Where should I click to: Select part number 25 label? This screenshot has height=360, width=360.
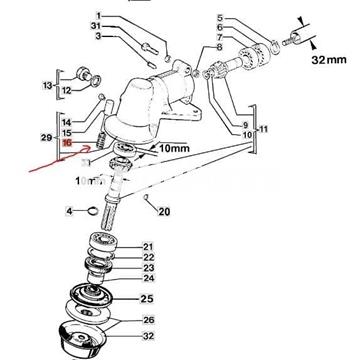[x=147, y=299]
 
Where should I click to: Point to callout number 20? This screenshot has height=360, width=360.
[x=165, y=211]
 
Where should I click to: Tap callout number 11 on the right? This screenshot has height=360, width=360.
[x=262, y=130]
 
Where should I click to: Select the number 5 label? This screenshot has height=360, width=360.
[x=220, y=18]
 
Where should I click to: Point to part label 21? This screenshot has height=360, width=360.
[x=148, y=246]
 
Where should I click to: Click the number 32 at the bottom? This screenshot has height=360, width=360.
[x=148, y=337]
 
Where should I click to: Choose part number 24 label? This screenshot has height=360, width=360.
[x=148, y=279]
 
